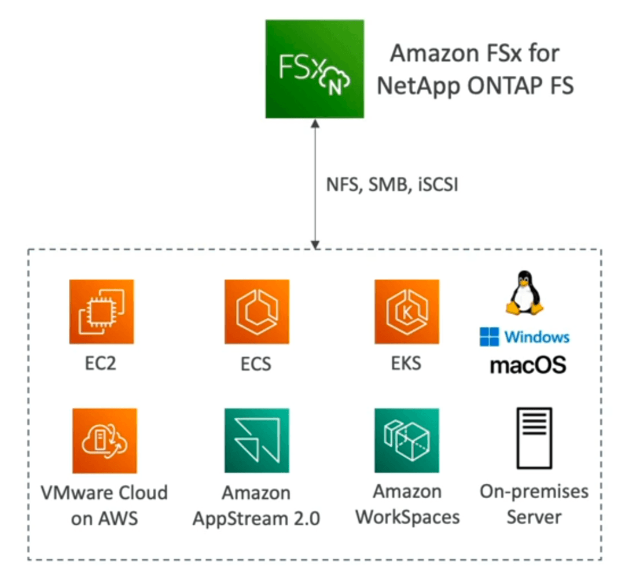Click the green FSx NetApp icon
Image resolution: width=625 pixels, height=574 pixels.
pos(314,69)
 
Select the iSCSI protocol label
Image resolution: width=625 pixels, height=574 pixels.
pos(438,185)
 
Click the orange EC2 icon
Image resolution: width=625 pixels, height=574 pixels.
pos(102,312)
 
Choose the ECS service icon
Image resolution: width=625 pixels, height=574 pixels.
pos(257,312)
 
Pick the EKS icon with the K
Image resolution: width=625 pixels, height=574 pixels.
pos(407,312)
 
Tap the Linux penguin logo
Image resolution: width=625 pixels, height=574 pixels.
pos(524,293)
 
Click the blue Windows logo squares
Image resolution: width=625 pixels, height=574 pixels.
pos(489,337)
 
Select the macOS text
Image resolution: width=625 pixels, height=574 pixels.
pos(528,365)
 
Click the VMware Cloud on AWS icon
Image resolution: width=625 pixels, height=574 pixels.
pos(104,440)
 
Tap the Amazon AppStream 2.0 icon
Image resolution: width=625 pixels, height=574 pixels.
pos(257,440)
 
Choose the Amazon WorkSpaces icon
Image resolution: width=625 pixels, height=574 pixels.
pos(407,440)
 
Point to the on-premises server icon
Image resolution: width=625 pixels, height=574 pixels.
pos(534,438)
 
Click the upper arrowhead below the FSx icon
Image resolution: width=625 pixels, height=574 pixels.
pos(315,124)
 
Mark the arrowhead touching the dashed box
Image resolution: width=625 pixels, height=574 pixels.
pos(315,245)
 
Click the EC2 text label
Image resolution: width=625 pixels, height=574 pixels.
pos(101,363)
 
